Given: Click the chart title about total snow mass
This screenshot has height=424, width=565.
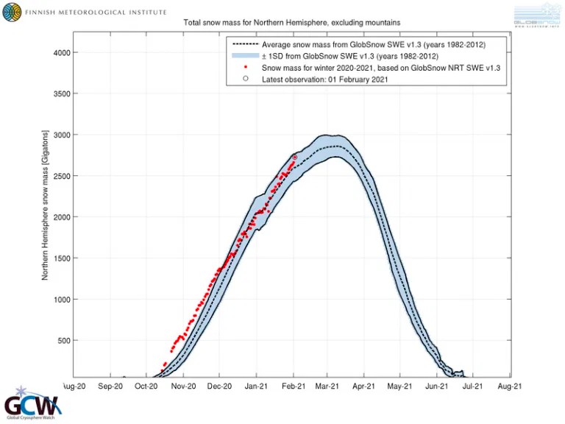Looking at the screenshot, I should tap(291, 24).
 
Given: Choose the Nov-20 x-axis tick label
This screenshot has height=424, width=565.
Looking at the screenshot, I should tap(183, 385).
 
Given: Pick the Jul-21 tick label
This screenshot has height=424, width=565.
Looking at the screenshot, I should tap(472, 385).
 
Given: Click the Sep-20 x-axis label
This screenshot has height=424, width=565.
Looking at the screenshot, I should tap(110, 385).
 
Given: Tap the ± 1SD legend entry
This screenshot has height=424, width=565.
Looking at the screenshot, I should tap(350, 56).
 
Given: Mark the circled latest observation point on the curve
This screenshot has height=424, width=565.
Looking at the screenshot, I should tap(294, 157).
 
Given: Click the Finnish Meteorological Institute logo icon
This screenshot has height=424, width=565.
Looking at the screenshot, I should tap(13, 13).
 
